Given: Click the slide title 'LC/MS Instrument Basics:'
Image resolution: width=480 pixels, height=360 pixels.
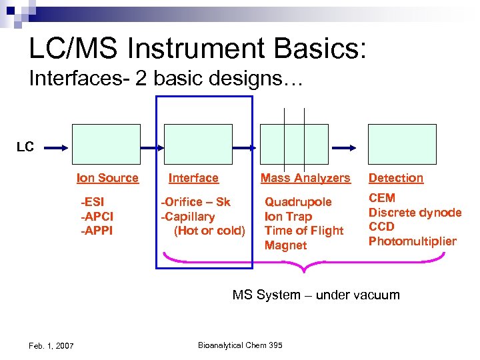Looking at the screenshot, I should [197, 49].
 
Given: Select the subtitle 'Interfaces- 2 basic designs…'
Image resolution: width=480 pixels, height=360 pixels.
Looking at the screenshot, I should [166, 80].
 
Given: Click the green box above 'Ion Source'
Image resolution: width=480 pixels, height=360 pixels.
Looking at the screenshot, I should [107, 144].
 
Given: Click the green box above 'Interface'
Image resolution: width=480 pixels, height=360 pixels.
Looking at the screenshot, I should [198, 144].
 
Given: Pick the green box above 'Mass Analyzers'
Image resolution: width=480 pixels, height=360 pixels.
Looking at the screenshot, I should [294, 144].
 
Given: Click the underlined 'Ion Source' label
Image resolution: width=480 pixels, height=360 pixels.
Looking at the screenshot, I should [107, 178].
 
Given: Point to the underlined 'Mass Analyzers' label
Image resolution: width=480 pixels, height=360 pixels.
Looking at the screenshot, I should [305, 178].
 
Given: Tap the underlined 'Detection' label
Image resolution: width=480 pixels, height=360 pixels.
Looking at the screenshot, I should [396, 178].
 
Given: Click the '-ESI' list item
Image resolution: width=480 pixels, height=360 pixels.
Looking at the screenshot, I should [93, 202].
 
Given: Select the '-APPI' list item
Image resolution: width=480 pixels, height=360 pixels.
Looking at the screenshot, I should [97, 231].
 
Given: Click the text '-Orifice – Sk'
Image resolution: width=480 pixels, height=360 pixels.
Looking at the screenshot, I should [196, 202].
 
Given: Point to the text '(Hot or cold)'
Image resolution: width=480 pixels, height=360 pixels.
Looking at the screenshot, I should [209, 231].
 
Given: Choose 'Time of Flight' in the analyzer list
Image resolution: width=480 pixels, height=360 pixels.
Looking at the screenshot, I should [303, 231].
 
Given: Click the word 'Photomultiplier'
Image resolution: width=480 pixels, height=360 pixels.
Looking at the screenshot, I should [412, 241].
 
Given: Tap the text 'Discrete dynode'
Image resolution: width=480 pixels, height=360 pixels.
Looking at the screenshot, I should [415, 213].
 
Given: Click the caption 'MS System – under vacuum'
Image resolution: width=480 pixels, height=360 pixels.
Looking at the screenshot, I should [316, 295].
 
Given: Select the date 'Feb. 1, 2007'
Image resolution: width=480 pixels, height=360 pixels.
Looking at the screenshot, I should [52, 345].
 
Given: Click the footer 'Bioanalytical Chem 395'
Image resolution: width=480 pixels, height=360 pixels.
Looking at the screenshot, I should [240, 345].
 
